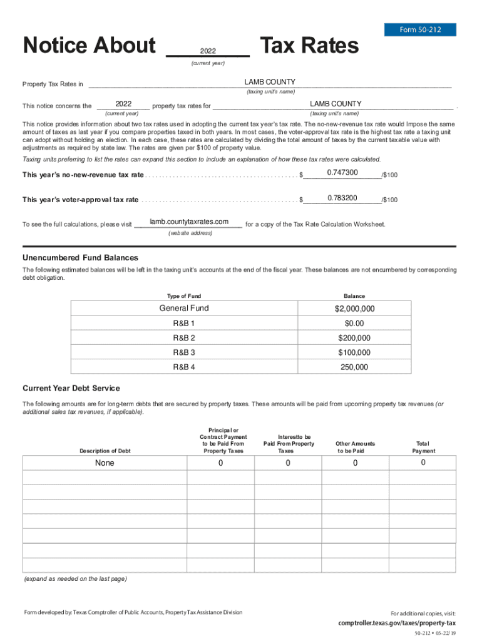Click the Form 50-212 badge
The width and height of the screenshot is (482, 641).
pyautogui.click(x=420, y=29)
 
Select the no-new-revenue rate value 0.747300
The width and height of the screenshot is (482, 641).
pyautogui.click(x=342, y=173)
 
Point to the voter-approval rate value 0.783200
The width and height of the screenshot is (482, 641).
pyautogui.click(x=342, y=198)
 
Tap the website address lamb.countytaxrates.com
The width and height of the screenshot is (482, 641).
pyautogui.click(x=188, y=222)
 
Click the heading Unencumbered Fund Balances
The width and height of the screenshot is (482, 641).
pyautogui.click(x=80, y=258)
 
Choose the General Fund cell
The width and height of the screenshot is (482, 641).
pyautogui.click(x=184, y=308)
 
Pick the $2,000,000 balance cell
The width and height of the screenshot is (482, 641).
pyautogui.click(x=354, y=309)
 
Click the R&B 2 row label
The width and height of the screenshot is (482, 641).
pyautogui.click(x=184, y=338)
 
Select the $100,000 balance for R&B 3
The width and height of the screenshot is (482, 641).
pyautogui.click(x=354, y=352)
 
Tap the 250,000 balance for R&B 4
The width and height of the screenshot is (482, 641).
pyautogui.click(x=354, y=367)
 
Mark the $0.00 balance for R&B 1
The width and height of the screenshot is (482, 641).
pyautogui.click(x=354, y=324)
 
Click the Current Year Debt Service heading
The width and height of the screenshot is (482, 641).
pyautogui.click(x=71, y=388)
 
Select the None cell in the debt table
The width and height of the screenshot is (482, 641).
pyautogui.click(x=105, y=463)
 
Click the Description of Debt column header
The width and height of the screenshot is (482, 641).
pyautogui.click(x=105, y=451)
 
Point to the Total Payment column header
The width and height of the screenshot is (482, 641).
pyautogui.click(x=423, y=447)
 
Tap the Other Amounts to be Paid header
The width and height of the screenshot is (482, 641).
pyautogui.click(x=355, y=447)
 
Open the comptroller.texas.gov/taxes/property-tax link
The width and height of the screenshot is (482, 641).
pyautogui.click(x=397, y=623)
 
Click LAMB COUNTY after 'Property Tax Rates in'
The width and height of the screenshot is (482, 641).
pyautogui.click(x=270, y=82)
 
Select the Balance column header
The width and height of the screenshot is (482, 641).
pyautogui.click(x=354, y=296)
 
